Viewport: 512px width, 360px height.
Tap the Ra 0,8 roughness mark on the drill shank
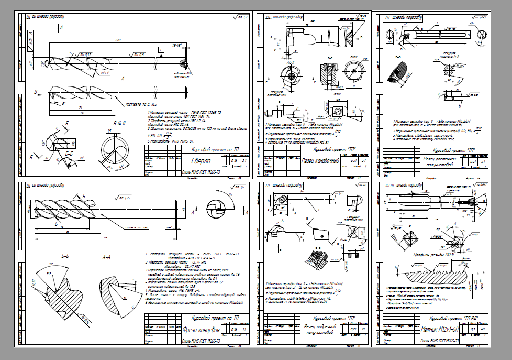point(138,54)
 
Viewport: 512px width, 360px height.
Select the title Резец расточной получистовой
point(439,160)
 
